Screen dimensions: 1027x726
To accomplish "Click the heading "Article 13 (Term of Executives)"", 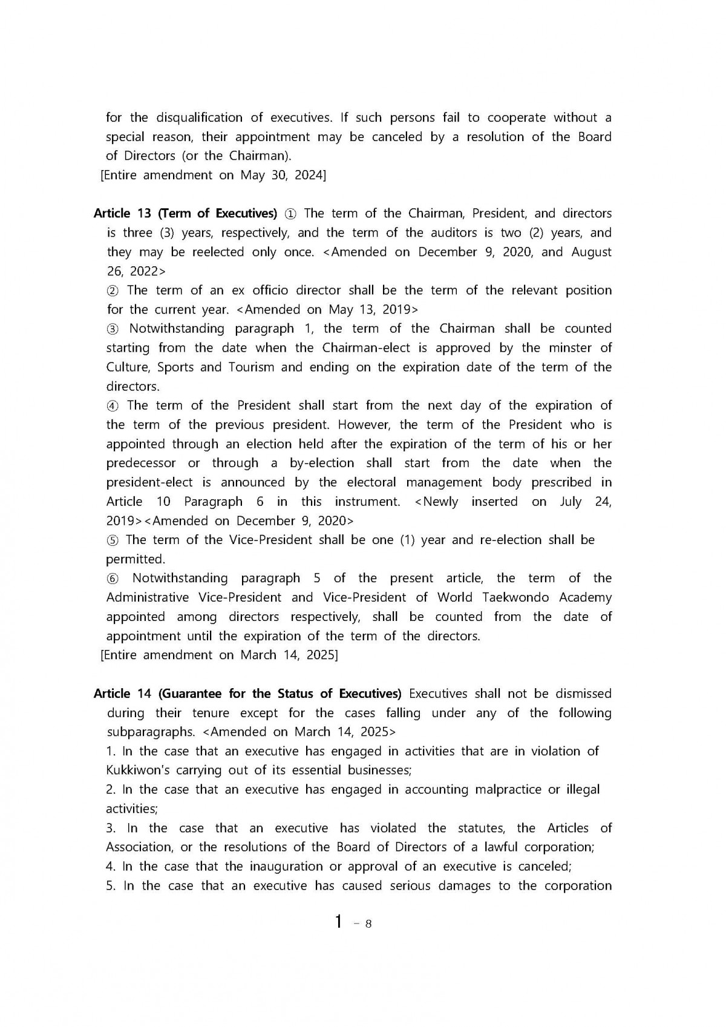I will pos(185,214).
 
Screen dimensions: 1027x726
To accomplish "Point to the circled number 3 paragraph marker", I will pos(114,329).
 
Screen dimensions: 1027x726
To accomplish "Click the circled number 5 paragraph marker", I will pos(113,540).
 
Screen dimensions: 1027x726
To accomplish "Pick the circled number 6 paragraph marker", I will pos(114,579).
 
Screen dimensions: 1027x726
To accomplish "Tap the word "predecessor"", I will pos(141,464).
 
